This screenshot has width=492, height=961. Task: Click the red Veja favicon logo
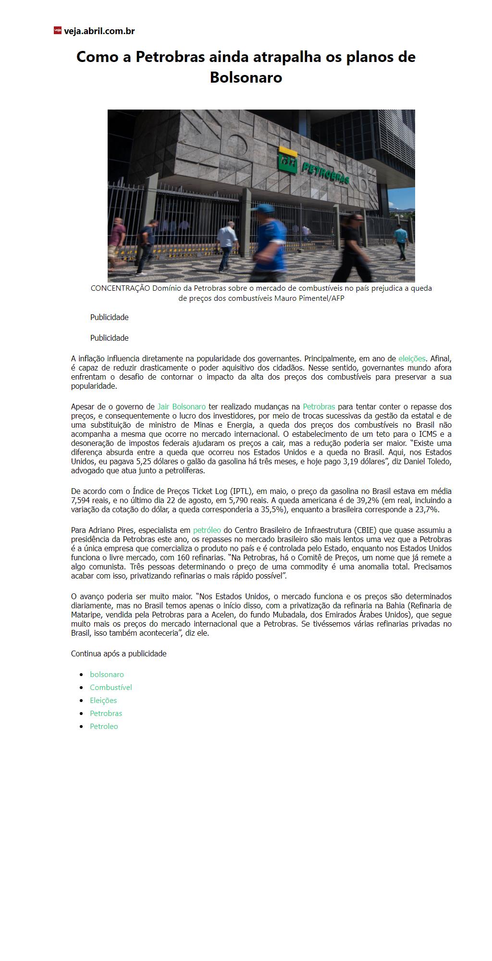click(57, 30)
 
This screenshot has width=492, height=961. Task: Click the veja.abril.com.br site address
click(99, 31)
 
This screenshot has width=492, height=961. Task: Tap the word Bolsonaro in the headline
click(246, 77)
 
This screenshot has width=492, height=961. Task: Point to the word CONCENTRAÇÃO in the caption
click(120, 288)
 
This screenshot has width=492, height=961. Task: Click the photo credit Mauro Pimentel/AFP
click(309, 298)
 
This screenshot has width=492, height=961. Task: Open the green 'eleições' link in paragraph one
click(412, 358)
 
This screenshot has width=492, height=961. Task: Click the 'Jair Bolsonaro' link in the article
click(182, 407)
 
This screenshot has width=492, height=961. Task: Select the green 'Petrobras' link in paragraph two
click(319, 407)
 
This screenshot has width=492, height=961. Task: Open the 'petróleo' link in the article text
click(207, 530)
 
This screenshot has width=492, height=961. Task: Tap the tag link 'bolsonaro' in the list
click(107, 675)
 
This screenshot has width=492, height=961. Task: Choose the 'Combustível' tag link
click(111, 688)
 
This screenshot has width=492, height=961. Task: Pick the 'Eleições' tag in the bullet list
click(103, 701)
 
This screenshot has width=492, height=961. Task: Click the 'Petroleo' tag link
click(104, 727)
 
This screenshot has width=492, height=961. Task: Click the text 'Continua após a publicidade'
click(119, 653)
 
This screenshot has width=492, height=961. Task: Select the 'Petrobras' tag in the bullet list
click(106, 714)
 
